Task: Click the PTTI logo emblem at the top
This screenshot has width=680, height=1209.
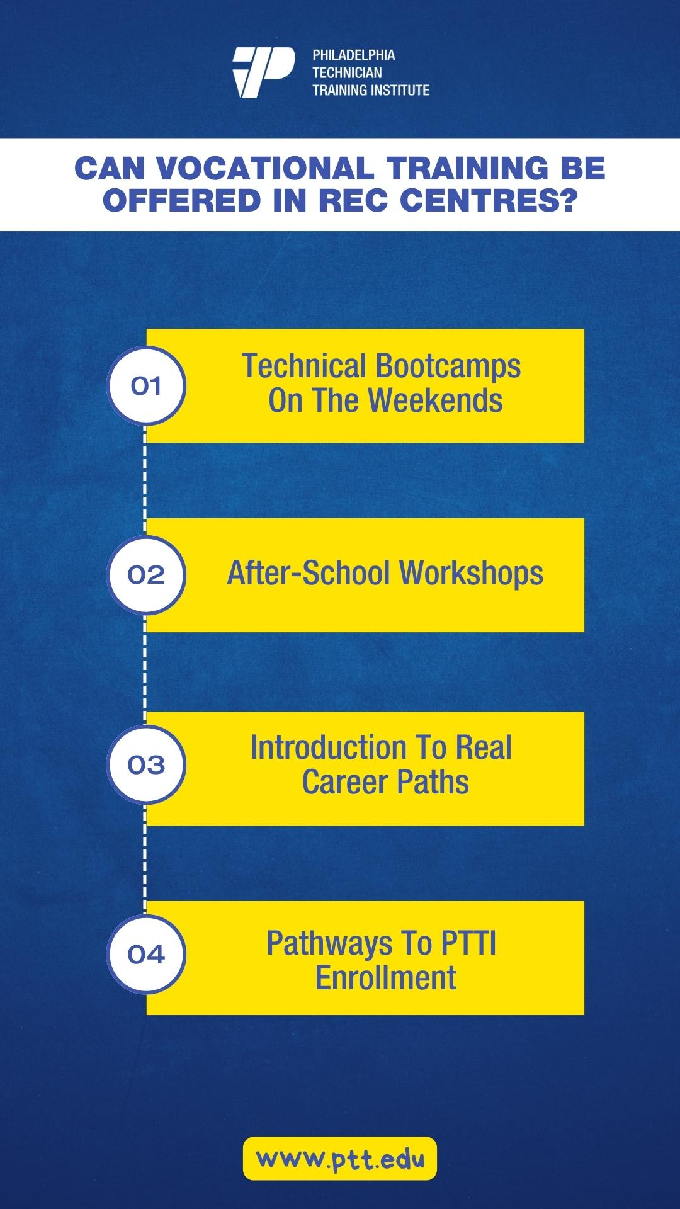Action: [263, 72]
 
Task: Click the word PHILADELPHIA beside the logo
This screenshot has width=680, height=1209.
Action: [354, 55]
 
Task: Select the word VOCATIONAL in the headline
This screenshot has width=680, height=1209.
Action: [264, 168]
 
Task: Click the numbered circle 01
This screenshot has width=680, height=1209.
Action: [146, 386]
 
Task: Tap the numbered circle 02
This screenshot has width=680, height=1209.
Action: [146, 575]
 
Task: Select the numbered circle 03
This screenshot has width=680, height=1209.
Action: [146, 764]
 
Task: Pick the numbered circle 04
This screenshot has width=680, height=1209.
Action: [146, 954]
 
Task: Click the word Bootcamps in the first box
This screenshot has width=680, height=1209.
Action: [448, 367]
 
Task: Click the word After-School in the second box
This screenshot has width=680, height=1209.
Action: [309, 573]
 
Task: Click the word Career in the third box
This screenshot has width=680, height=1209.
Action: [345, 782]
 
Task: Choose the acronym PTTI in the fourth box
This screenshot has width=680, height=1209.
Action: [468, 943]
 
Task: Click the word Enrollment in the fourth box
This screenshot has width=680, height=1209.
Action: [386, 978]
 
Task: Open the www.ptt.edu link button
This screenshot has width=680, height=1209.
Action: [340, 1159]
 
